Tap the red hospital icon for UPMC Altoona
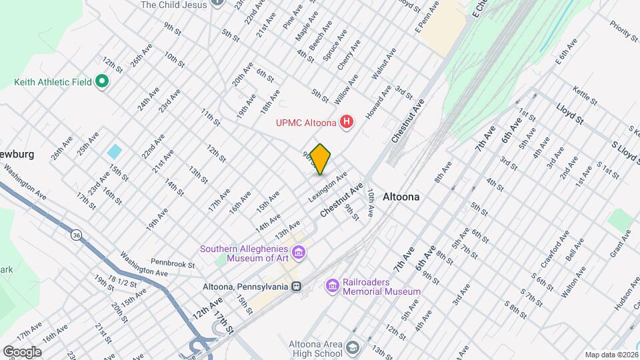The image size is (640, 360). point(346,122)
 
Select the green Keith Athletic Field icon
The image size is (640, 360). point(101,82)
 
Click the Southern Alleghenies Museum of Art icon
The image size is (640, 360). point(299,253)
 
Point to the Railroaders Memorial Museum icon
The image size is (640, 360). point(331,286)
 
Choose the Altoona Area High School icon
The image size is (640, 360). point(352,348)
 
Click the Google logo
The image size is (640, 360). point(22,351)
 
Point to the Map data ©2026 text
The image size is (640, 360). point(611,355)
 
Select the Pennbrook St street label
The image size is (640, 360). point(172,265)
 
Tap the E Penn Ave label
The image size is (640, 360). point(427,17)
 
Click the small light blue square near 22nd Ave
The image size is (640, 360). point(114,151)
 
